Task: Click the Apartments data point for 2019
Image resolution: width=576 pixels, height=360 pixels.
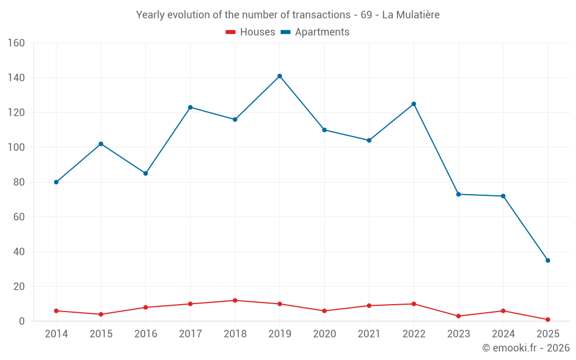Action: (x=279, y=76)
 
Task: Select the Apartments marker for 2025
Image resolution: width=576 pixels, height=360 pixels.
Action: (x=548, y=260)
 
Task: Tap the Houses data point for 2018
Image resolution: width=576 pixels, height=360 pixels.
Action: (x=235, y=300)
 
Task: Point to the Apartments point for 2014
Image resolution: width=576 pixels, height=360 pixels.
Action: (x=56, y=182)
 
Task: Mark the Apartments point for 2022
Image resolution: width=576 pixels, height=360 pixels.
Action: (x=414, y=104)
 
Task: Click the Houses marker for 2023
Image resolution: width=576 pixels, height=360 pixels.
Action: (x=458, y=316)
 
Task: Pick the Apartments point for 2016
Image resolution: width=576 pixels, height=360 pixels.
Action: (x=145, y=173)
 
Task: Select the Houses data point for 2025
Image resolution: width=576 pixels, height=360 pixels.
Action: (x=548, y=320)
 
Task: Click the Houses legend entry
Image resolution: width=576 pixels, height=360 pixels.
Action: (x=251, y=32)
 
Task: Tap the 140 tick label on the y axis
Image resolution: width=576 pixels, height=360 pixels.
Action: (x=16, y=78)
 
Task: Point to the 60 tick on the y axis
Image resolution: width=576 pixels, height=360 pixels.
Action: (x=19, y=217)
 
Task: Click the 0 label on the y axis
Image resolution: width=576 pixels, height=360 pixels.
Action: (x=22, y=321)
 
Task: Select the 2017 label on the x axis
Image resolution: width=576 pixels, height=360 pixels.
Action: (x=190, y=334)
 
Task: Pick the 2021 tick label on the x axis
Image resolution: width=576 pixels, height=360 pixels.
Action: (x=369, y=334)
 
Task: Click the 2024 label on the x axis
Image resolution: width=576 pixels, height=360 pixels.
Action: (x=503, y=334)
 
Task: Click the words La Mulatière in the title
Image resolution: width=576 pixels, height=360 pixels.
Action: (x=411, y=15)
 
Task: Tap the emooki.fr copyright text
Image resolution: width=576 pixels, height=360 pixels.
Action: (x=526, y=348)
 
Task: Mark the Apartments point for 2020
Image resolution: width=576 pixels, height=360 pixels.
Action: (x=324, y=130)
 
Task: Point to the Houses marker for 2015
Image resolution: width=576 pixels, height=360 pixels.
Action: (x=101, y=314)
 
